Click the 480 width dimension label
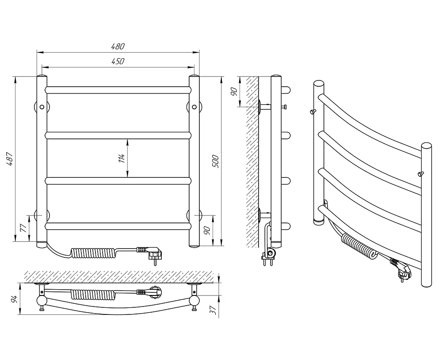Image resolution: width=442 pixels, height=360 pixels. click(118, 46)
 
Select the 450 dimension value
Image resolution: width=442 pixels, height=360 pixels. click(118, 61)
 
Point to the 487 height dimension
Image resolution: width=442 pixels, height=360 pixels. click(10, 159)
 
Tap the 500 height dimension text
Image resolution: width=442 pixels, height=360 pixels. click(215, 161)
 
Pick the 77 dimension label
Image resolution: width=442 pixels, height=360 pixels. click(24, 228)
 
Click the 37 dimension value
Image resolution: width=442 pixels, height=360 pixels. click(214, 310)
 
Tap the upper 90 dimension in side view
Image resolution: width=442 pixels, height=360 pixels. click(234, 92)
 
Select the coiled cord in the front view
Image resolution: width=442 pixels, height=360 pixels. click(93, 252)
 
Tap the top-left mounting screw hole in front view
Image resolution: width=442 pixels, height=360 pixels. click(42, 107)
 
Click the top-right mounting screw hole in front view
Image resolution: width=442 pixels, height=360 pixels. click(194, 107)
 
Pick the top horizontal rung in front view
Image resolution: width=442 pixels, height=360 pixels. click(118, 90)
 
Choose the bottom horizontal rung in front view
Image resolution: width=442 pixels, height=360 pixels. click(118, 226)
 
